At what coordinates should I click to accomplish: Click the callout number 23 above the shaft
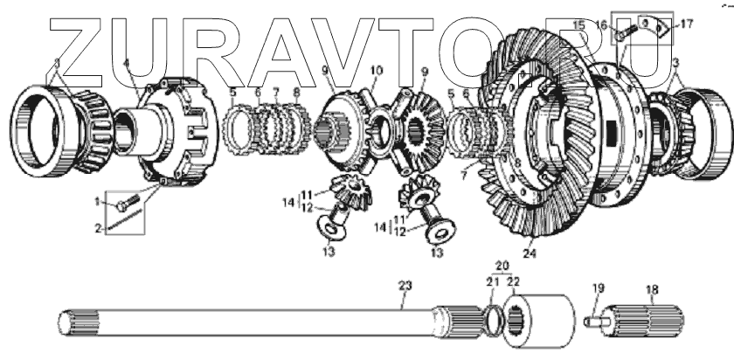[404, 285]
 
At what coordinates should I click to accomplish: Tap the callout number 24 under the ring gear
[528, 256]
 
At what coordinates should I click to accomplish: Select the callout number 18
[652, 289]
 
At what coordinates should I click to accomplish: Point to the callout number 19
[598, 289]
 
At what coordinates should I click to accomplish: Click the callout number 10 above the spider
[377, 70]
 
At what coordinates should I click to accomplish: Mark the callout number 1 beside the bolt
[98, 202]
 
